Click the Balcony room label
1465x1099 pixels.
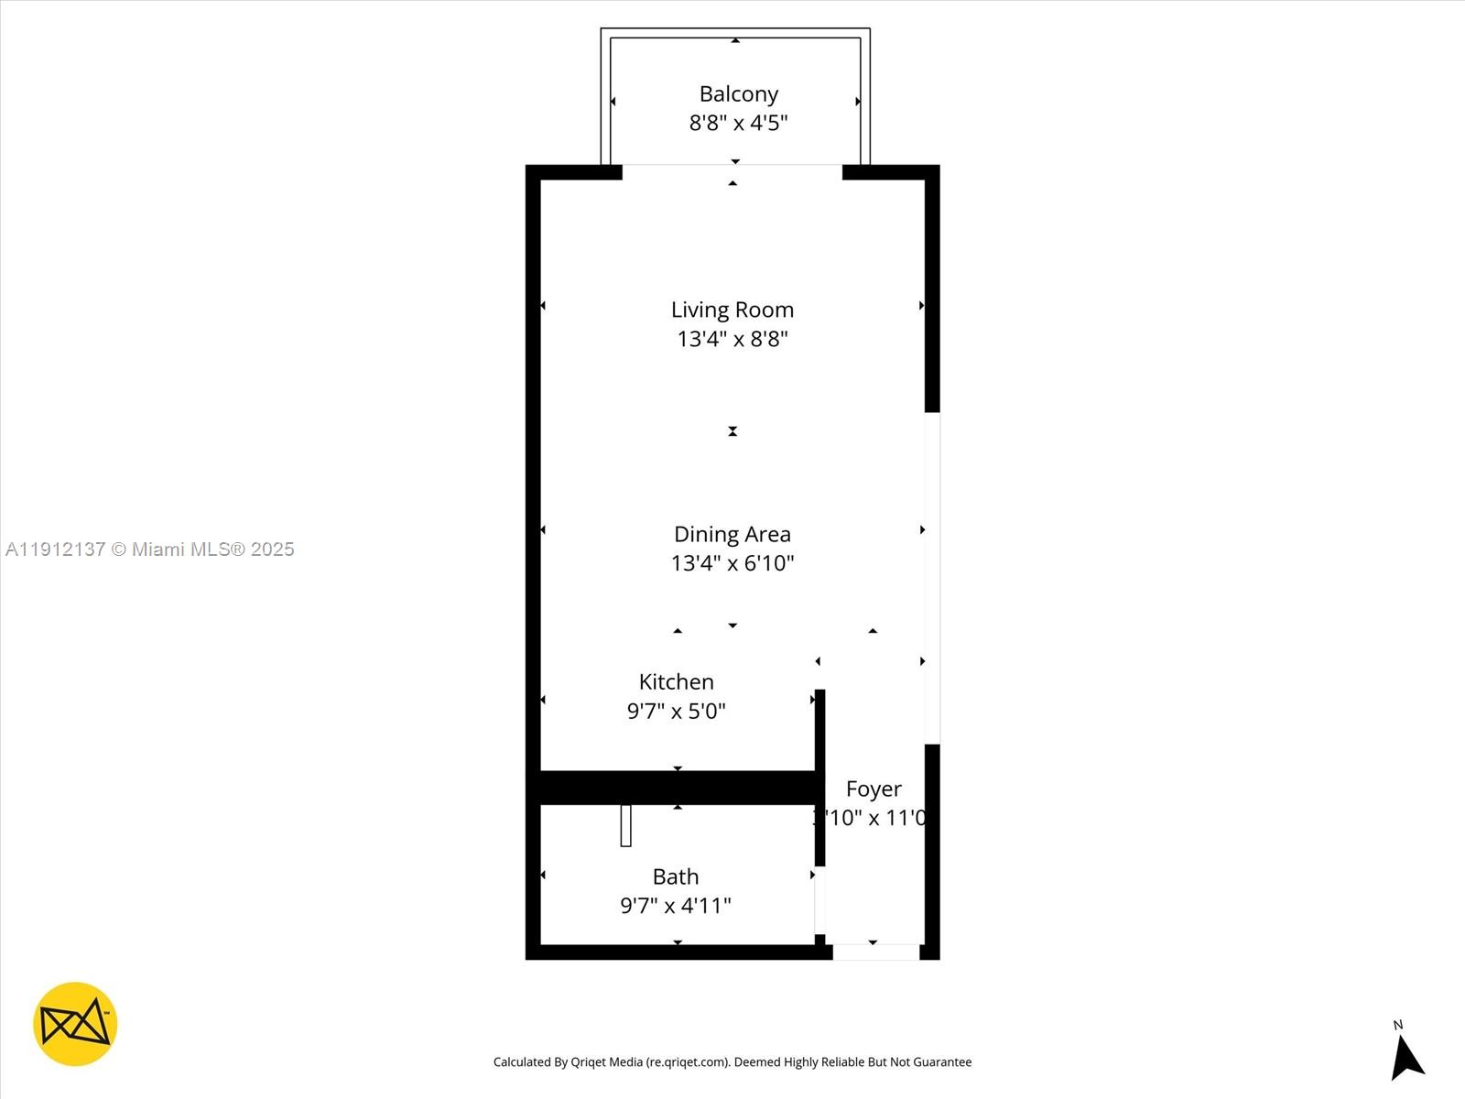tap(738, 94)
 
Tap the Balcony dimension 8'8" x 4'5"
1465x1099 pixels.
tap(738, 123)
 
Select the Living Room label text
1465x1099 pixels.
tap(732, 310)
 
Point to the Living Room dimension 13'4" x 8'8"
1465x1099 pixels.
tap(732, 339)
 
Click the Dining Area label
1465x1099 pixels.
tap(732, 534)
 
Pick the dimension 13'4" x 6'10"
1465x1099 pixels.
tap(732, 563)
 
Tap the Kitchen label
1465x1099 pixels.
tap(676, 681)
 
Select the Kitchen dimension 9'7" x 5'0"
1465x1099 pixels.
tap(676, 711)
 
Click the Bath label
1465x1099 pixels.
tap(676, 876)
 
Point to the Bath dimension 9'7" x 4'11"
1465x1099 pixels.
tap(676, 906)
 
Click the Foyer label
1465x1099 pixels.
tap(874, 789)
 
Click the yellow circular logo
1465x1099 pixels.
tap(75, 1024)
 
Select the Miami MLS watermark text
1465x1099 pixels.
tap(149, 549)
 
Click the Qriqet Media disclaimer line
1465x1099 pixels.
tap(732, 1062)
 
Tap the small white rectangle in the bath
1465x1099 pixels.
tap(625, 825)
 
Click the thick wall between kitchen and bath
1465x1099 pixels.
tap(678, 788)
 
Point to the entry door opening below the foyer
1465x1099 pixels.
tap(875, 952)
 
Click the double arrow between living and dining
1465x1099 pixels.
tap(732, 431)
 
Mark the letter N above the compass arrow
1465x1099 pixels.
tap(1397, 1025)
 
